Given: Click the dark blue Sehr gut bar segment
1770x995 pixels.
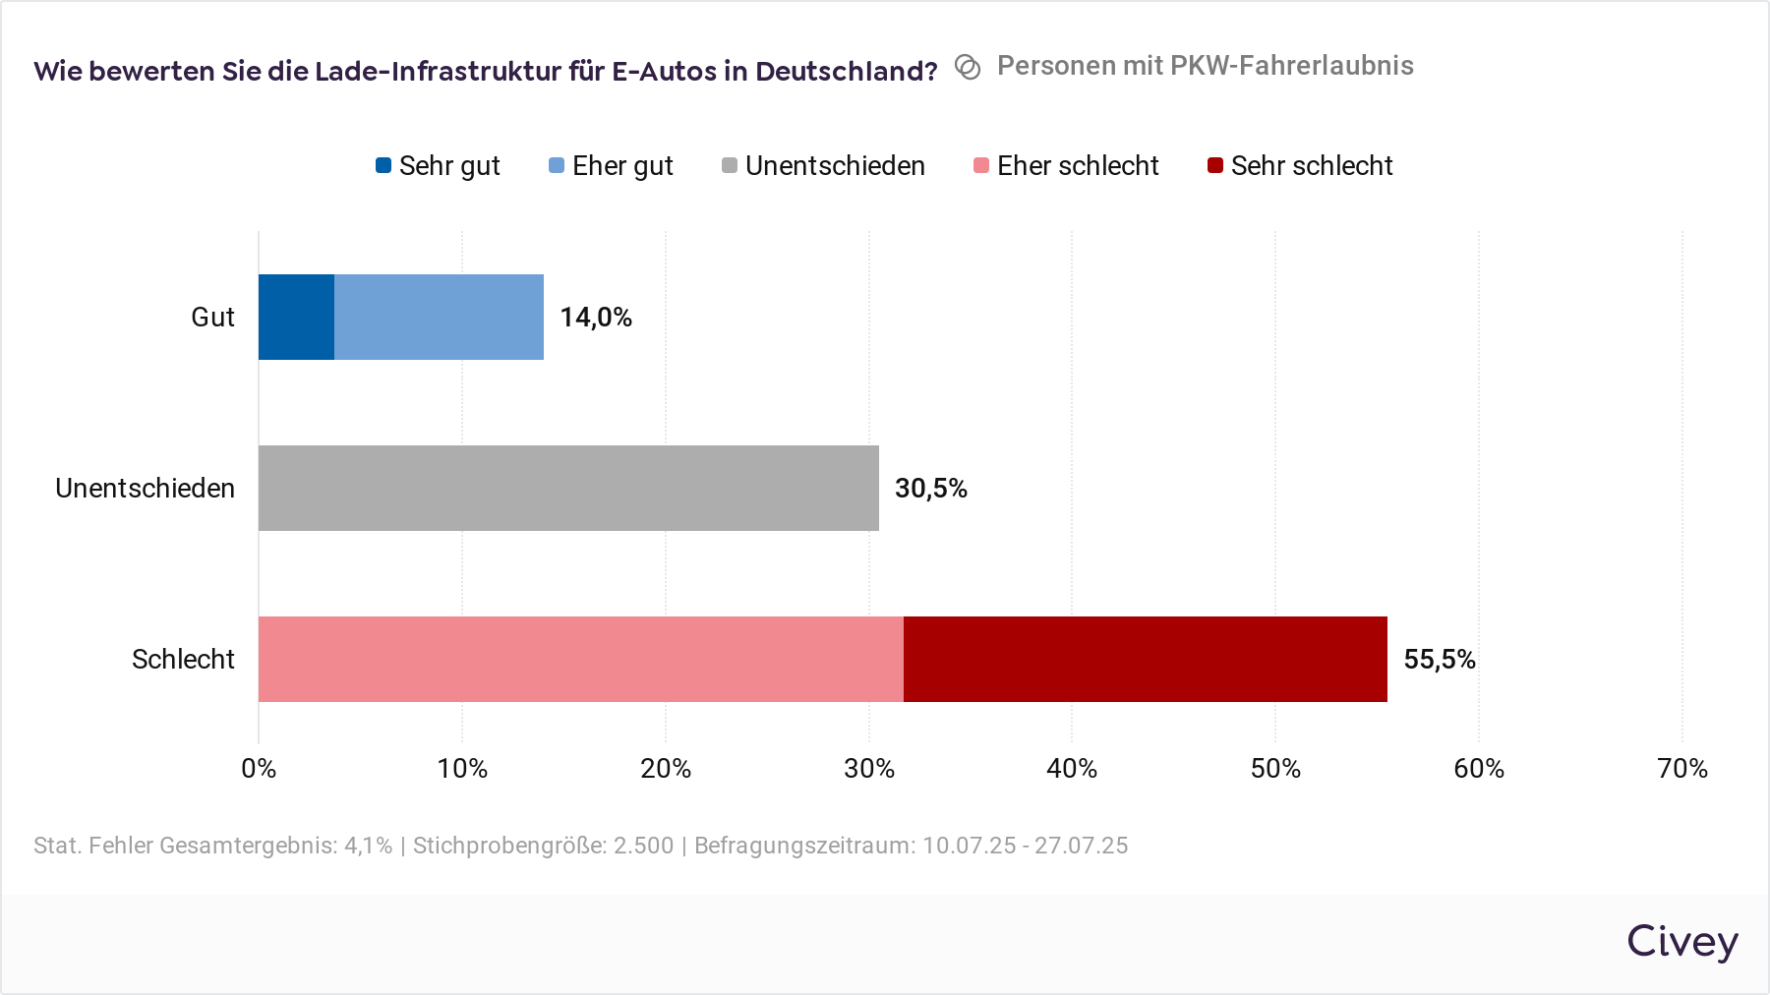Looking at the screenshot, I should coord(296,317).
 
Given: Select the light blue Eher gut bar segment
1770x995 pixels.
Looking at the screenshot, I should coord(439,317).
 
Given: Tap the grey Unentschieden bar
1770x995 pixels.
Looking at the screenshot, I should coord(568,488).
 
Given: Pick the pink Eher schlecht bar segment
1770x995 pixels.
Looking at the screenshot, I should coord(580,659).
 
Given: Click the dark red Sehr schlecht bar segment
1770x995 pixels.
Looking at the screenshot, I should coord(1145,659).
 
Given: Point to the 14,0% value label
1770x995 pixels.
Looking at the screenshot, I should coord(596,318).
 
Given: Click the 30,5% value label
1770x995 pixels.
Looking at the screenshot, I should coord(930,489).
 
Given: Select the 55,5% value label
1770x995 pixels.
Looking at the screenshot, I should coord(1439,660).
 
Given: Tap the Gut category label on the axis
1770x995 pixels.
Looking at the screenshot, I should coord(212,318).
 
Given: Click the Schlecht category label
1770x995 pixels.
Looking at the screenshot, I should coord(183,660).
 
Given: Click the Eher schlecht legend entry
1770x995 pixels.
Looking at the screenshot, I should coord(1066,166).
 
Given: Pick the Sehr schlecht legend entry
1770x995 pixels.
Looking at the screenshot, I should coord(1300,166).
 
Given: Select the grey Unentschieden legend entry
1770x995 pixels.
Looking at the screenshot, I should coord(823,166).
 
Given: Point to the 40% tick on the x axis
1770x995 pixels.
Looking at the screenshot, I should coord(1072,769).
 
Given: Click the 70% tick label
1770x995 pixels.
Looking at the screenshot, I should coord(1681,769).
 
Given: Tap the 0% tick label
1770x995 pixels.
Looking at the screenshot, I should coord(259,769).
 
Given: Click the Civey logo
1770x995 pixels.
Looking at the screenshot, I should coord(1681,942).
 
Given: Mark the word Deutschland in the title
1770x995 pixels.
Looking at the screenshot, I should coord(846,72).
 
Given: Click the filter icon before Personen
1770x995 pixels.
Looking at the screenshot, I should coord(968,67).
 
